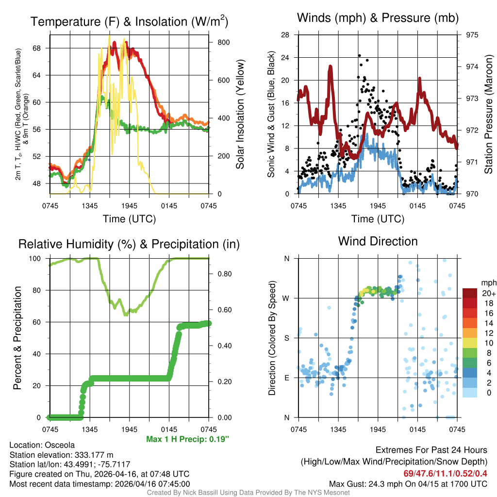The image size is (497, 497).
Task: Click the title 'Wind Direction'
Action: [378, 241]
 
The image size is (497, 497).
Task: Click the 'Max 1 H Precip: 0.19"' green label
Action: [187, 439]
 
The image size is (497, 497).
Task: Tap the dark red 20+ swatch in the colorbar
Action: [469, 293]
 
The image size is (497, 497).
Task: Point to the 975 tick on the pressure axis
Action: [471, 35]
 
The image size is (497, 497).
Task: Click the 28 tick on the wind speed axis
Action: [285, 35]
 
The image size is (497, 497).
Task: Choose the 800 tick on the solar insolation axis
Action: [223, 42]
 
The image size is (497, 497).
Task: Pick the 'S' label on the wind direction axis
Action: [286, 338]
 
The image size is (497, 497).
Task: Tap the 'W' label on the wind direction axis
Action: [286, 298]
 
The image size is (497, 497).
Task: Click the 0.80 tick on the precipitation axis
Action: [224, 274]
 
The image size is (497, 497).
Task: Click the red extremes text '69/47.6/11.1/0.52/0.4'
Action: [445, 473]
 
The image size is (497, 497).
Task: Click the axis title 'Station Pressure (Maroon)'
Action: [488, 115]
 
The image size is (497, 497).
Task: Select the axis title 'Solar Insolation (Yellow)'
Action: [240, 115]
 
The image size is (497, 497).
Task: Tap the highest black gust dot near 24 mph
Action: [360, 56]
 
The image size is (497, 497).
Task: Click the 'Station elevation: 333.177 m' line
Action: [61, 455]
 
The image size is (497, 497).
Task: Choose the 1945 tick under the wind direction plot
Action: [378, 430]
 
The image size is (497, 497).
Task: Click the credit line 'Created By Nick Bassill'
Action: [194, 493]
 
